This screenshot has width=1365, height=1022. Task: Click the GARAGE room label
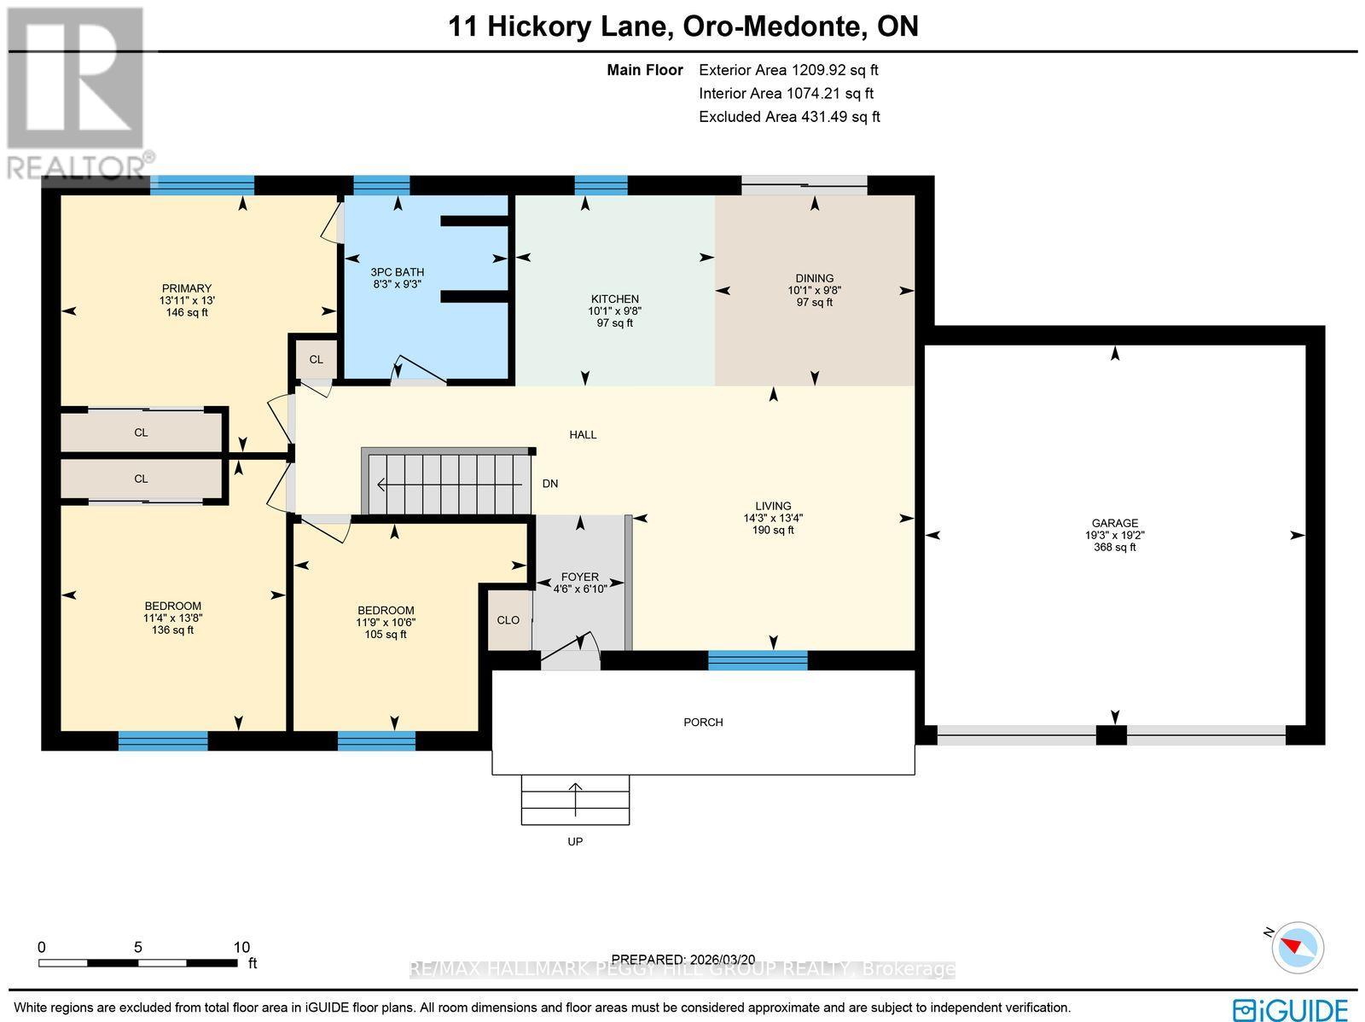1114,523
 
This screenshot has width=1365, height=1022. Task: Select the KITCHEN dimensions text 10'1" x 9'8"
614,311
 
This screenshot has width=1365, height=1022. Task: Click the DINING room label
814,278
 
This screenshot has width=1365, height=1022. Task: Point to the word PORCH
703,723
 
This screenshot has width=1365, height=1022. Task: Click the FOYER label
579,577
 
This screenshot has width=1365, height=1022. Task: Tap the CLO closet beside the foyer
508,620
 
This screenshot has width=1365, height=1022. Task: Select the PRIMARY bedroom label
187,288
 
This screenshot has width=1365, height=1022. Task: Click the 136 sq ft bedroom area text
172,630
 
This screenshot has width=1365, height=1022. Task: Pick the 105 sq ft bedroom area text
386,635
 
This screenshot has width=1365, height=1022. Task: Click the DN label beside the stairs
550,484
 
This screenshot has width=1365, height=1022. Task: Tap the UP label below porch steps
575,842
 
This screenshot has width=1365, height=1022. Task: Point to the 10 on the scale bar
241,947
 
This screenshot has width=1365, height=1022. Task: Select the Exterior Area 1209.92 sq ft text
787,71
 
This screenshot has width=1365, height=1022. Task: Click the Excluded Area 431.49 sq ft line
788,117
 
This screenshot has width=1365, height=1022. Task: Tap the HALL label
583,435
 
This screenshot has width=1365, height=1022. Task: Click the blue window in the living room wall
758,659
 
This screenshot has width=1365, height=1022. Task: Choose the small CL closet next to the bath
316,359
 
